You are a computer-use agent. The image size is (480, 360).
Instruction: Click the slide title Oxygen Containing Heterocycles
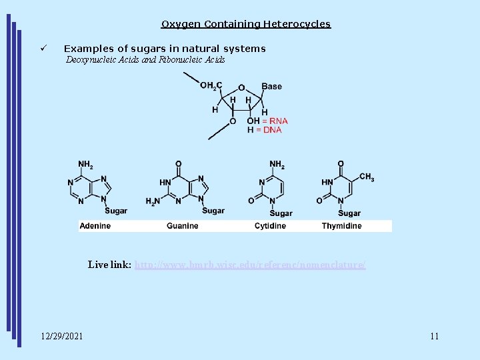pyautogui.click(x=245, y=24)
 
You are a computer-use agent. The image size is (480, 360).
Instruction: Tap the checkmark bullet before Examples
pyautogui.click(x=43, y=49)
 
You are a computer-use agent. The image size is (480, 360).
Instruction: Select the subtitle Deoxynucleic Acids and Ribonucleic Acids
pyautogui.click(x=145, y=60)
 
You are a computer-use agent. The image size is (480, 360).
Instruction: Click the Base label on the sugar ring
pyautogui.click(x=271, y=86)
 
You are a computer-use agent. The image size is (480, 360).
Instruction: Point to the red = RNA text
pyautogui.click(x=275, y=121)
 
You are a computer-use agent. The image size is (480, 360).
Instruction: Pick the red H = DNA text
pyautogui.click(x=265, y=130)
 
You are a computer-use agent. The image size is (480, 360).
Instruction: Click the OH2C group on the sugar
pyautogui.click(x=211, y=85)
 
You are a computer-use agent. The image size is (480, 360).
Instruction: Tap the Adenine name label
pyautogui.click(x=95, y=226)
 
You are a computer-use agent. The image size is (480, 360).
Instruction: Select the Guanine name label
pyautogui.click(x=183, y=226)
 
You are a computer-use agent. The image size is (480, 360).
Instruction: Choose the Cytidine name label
pyautogui.click(x=270, y=226)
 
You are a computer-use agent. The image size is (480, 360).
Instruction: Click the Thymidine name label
pyautogui.click(x=341, y=226)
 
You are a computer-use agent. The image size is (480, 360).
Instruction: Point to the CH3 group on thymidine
pyautogui.click(x=367, y=177)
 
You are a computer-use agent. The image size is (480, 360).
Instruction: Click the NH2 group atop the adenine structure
pyautogui.click(x=86, y=164)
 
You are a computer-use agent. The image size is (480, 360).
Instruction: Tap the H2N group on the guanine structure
pyautogui.click(x=153, y=201)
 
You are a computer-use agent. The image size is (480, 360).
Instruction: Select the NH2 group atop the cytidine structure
pyautogui.click(x=277, y=164)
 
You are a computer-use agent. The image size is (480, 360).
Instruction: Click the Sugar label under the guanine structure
pyautogui.click(x=213, y=211)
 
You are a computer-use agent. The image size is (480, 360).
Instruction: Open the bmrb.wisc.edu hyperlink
pyautogui.click(x=250, y=265)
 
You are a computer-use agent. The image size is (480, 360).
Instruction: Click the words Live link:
pyautogui.click(x=109, y=265)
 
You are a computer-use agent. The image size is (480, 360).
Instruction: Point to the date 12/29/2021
pyautogui.click(x=62, y=336)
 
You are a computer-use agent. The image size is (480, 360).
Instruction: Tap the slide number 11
pyautogui.click(x=435, y=336)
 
